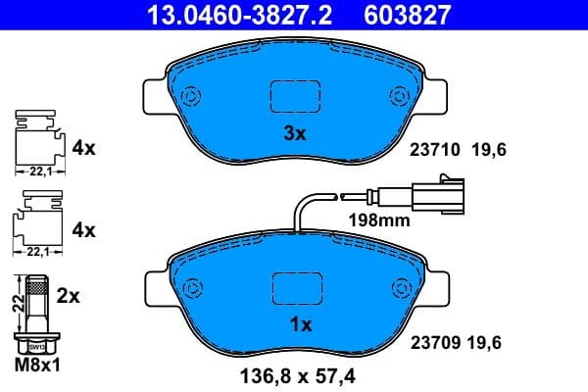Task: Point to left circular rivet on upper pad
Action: (188, 96)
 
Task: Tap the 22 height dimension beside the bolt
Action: (15, 305)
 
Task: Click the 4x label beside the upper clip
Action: (83, 149)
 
